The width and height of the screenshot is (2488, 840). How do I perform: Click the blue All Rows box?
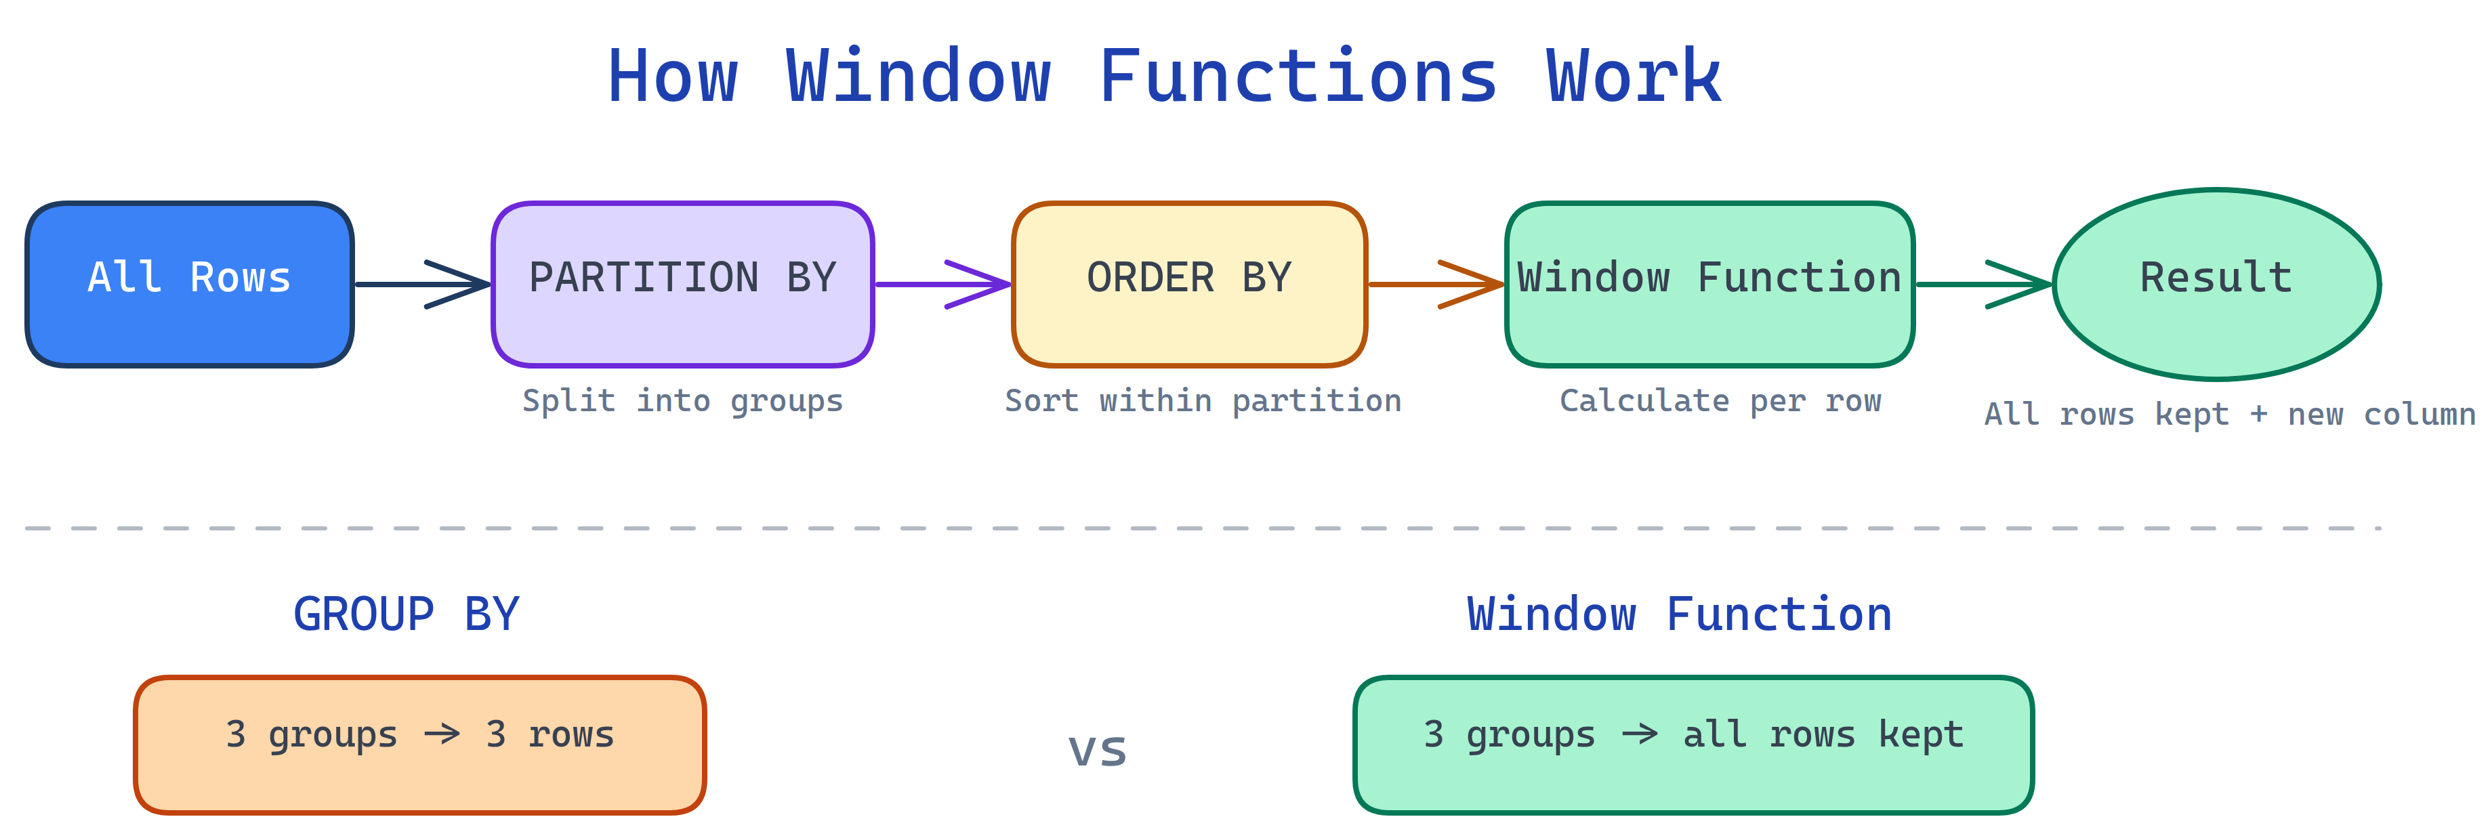point(189,284)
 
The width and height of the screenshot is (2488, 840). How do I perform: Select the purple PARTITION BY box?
point(682,284)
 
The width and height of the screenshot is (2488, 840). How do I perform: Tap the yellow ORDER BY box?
point(1189,284)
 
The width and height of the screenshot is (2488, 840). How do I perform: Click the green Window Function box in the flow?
point(1709,284)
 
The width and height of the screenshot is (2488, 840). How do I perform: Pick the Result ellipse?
point(2216,284)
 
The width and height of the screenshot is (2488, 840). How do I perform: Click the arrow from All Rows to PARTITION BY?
point(422,284)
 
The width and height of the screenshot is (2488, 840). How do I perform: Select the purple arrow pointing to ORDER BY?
point(942,284)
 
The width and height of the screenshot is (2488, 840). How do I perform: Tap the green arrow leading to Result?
point(1982,284)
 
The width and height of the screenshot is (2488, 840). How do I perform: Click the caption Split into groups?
point(682,400)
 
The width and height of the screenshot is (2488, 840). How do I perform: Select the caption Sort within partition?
point(1203,400)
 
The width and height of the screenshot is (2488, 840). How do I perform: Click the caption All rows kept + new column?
point(2229,414)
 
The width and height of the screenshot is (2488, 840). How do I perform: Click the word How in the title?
point(672,77)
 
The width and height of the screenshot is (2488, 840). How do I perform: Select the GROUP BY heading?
point(406,614)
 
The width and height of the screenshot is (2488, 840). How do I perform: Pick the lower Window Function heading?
point(1678,614)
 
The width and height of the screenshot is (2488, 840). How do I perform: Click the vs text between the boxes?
point(1097,750)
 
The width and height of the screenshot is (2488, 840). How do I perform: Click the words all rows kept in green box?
point(1823,735)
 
